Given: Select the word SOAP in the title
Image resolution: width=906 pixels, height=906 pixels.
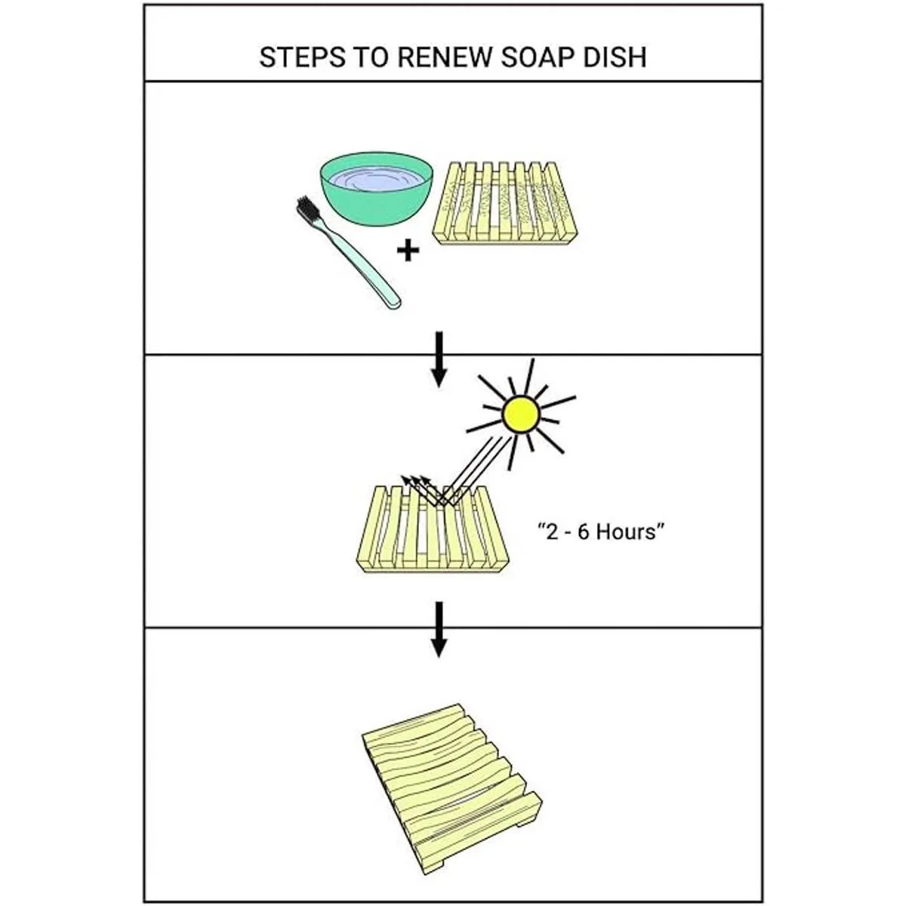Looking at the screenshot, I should (541, 58).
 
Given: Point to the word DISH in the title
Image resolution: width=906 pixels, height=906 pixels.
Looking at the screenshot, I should (620, 58).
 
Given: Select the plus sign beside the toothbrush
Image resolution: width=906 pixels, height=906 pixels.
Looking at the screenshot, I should (408, 250).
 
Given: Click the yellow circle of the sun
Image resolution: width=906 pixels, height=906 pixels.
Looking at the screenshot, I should (522, 413).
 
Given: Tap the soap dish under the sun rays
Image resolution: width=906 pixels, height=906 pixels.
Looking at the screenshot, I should (430, 532).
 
